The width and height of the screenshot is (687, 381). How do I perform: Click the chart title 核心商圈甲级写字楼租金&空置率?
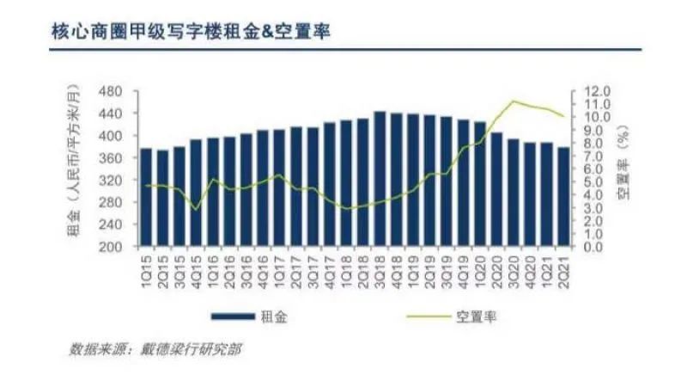pyautogui.click(x=191, y=32)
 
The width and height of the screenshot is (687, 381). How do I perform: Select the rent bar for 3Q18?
pyautogui.click(x=380, y=178)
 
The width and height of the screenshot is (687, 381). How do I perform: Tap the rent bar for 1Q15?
pyautogui.click(x=146, y=197)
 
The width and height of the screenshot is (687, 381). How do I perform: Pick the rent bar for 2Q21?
pyautogui.click(x=564, y=196)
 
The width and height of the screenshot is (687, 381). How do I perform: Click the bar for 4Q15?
pyautogui.click(x=196, y=193)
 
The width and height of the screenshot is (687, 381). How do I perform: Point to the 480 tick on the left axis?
pyautogui.click(x=110, y=92)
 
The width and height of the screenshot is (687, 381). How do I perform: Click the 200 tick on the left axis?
pyautogui.click(x=110, y=247)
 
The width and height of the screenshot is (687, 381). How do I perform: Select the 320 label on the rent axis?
pyautogui.click(x=110, y=181)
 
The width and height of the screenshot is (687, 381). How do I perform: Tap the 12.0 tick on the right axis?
pyautogui.click(x=597, y=91)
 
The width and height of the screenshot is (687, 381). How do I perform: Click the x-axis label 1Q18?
pyautogui.click(x=347, y=272)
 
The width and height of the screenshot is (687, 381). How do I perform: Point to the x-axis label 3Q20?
pyautogui.click(x=514, y=272)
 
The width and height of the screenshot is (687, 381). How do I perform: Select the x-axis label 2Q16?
pyautogui.click(x=229, y=272)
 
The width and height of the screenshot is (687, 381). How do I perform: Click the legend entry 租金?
pyautogui.click(x=249, y=316)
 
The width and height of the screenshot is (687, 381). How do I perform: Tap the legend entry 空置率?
pyautogui.click(x=452, y=316)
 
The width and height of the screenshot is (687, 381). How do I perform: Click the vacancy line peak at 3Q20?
pyautogui.click(x=514, y=101)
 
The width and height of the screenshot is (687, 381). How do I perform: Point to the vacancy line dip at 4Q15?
pyautogui.click(x=196, y=209)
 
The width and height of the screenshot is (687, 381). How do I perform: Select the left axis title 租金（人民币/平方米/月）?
pyautogui.click(x=75, y=160)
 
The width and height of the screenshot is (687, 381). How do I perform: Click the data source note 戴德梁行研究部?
pyautogui.click(x=190, y=349)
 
